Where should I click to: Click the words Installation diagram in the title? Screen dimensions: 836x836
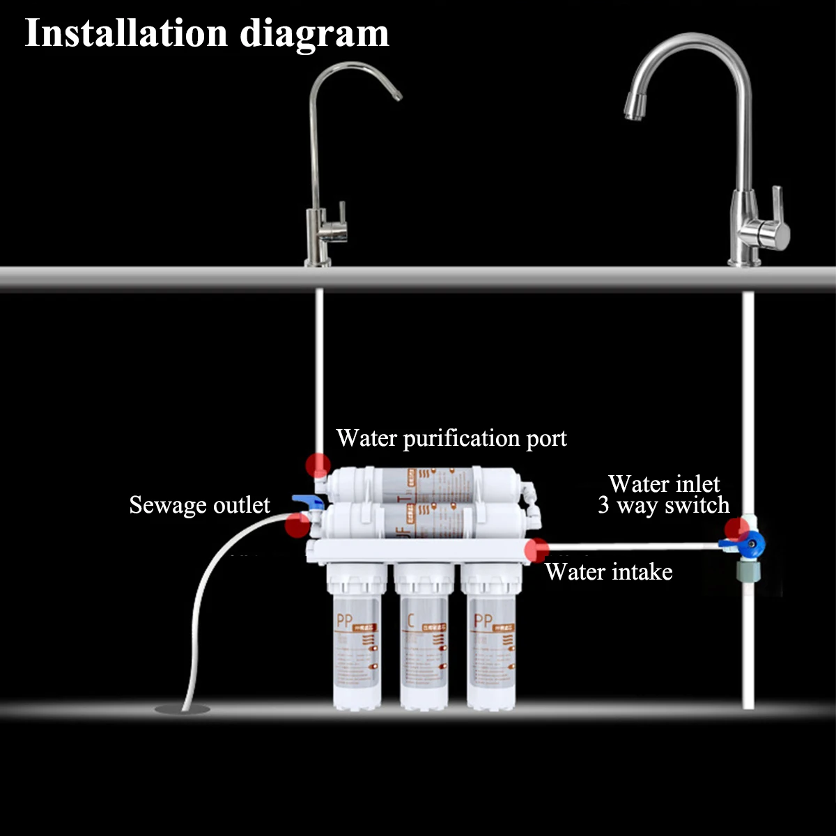click(x=207, y=33)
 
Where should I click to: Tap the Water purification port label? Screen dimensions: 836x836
click(x=451, y=438)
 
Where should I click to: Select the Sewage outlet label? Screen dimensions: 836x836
click(x=199, y=504)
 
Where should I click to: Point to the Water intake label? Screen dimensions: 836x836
click(x=609, y=572)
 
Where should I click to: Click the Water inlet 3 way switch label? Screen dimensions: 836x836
click(x=663, y=494)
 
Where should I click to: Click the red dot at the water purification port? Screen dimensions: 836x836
click(x=318, y=464)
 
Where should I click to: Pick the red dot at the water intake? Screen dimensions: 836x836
click(x=537, y=550)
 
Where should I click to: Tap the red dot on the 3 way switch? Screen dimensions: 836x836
click(x=736, y=529)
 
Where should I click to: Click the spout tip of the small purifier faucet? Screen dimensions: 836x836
click(x=398, y=96)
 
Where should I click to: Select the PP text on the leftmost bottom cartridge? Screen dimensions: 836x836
click(x=344, y=620)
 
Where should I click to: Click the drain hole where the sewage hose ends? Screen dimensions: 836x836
click(x=182, y=709)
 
